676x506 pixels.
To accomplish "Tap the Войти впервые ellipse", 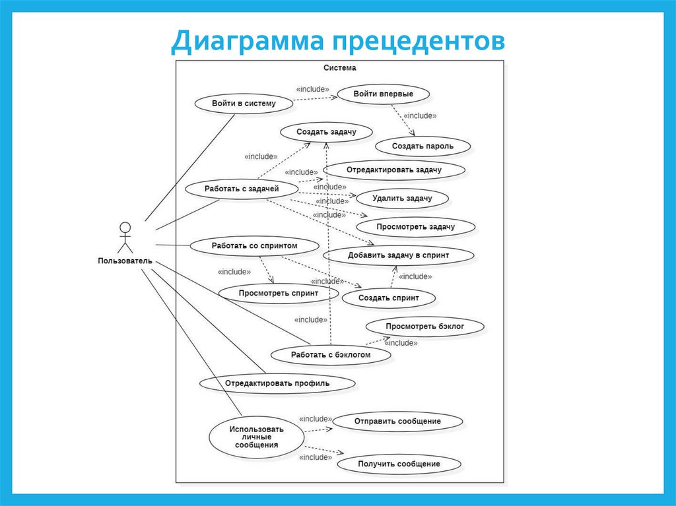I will [383, 94].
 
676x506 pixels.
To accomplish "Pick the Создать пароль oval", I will [422, 146].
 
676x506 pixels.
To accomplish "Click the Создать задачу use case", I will [326, 131].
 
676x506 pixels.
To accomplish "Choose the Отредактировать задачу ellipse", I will [393, 170].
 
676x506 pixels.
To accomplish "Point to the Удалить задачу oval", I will [401, 198].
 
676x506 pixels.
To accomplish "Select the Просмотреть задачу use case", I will [415, 227].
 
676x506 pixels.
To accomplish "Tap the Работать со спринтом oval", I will [254, 246].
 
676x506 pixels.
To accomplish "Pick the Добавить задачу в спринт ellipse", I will [398, 255].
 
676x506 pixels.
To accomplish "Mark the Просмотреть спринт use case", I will [279, 293].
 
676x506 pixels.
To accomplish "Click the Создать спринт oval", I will [388, 298].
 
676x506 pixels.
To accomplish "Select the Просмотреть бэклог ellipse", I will [425, 327].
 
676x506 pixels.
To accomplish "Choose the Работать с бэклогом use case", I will [331, 355].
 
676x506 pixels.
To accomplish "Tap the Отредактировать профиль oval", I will [277, 383].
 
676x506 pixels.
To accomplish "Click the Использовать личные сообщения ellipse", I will [256, 437].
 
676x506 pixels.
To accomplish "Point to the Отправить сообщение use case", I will [397, 421].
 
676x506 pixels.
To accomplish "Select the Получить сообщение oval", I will [398, 464].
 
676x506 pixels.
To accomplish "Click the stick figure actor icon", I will [124, 237].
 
